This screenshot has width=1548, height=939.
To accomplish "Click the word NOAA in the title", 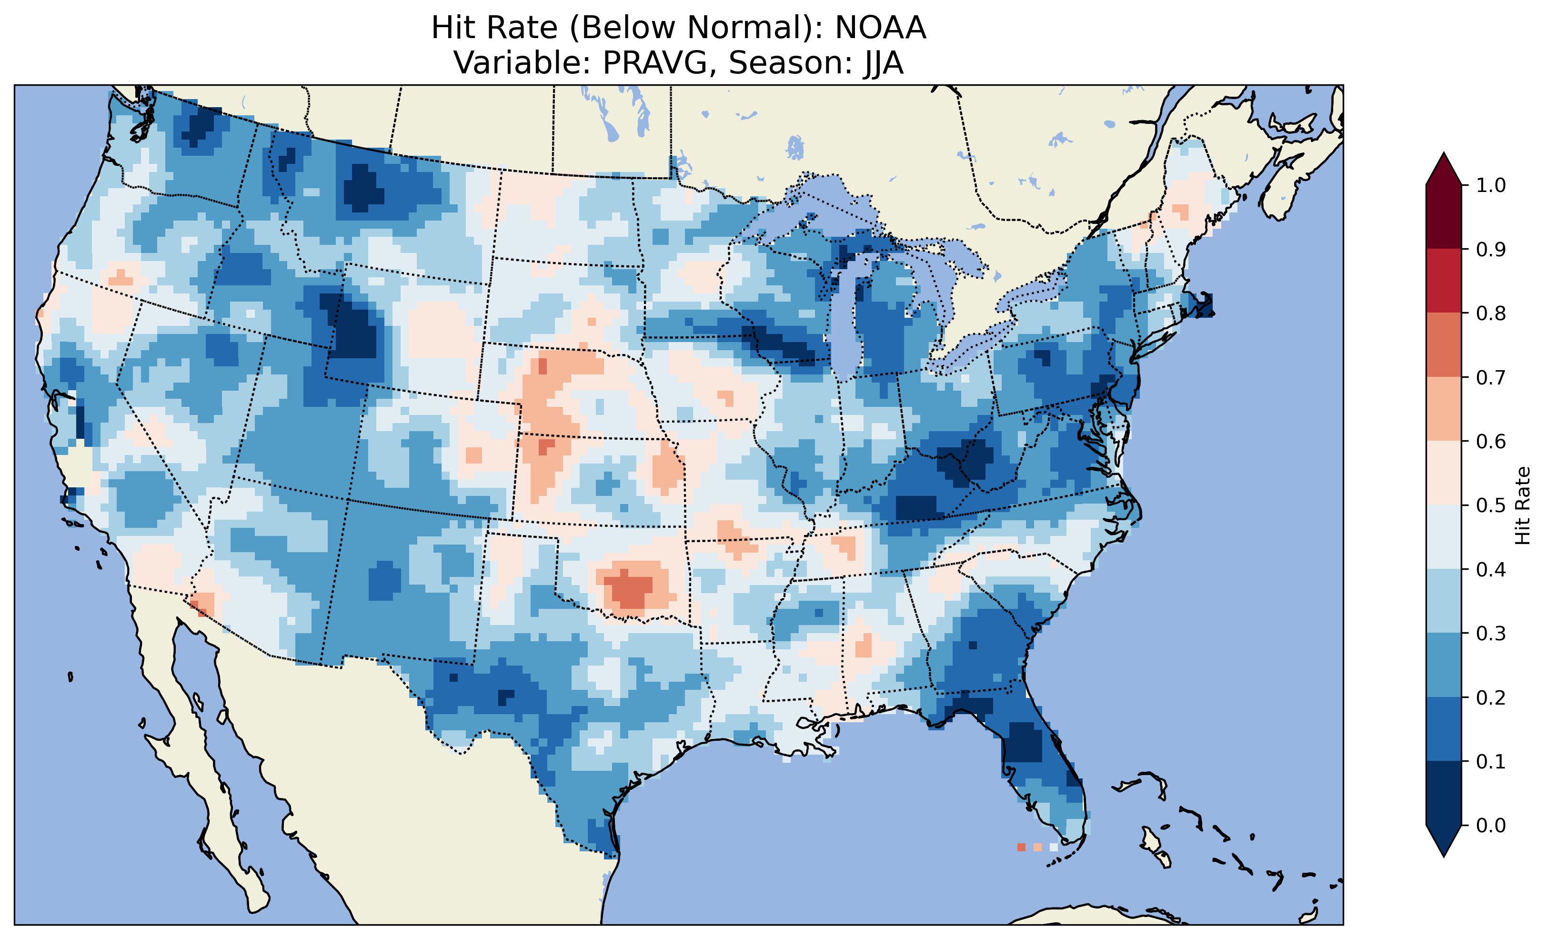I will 880,28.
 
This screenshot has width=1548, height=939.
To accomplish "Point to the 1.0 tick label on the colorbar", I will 1491,185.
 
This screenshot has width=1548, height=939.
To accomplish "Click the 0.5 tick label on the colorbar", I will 1491,505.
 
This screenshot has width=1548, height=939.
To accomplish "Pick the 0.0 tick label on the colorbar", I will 1491,825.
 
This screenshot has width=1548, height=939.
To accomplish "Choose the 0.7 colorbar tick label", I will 1491,378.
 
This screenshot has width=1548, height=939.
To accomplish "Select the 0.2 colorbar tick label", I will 1491,697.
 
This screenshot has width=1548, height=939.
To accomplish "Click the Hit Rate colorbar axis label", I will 1522,505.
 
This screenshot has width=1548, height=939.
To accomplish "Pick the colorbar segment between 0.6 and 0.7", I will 1444,409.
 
